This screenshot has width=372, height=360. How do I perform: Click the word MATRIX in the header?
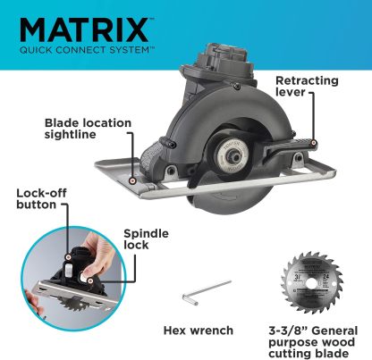[x=84, y=30]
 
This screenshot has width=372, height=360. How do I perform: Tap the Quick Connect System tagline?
[x=87, y=50]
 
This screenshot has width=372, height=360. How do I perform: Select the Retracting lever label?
[x=307, y=86]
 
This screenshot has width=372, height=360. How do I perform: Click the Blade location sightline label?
[x=88, y=129]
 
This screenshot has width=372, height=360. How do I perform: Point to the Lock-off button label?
[x=41, y=198]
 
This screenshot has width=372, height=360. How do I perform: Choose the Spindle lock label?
[x=146, y=239]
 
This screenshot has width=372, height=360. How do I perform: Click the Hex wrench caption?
[x=199, y=331]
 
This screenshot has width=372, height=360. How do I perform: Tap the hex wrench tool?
[x=207, y=292]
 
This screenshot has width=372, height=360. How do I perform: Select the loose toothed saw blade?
[x=312, y=282]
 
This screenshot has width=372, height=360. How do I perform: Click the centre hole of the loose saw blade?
[x=312, y=282]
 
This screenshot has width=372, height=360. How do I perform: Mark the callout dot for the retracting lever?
[x=313, y=143]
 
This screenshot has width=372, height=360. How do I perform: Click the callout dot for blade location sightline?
[x=132, y=180]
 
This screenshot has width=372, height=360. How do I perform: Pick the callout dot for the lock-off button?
[x=69, y=256]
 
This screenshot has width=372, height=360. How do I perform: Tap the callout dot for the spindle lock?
[x=90, y=280]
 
